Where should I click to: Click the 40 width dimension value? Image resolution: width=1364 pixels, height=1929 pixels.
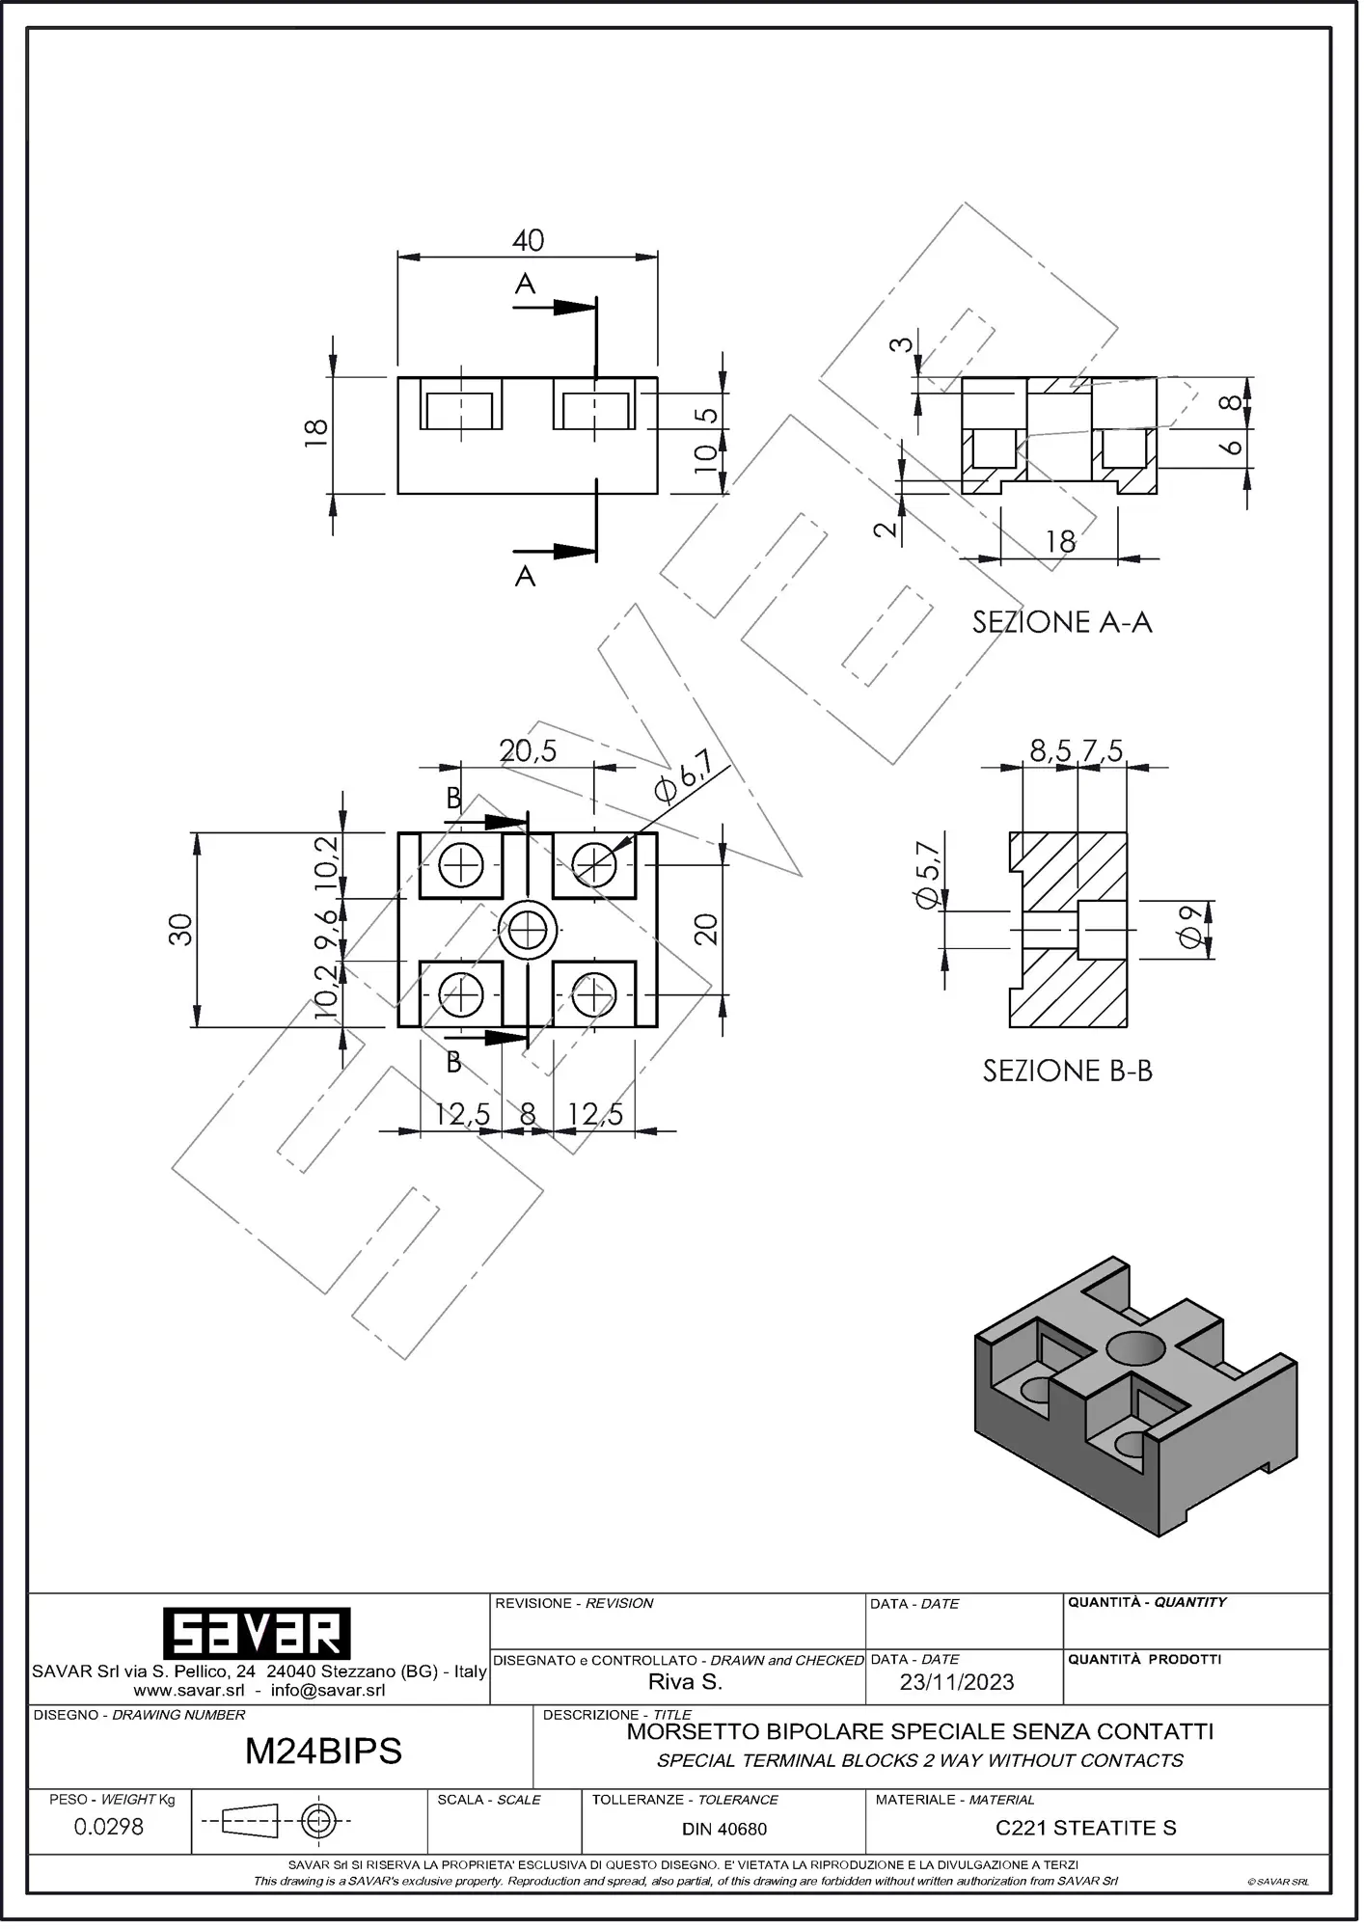pyautogui.click(x=528, y=240)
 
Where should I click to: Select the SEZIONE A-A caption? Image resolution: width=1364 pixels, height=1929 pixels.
pyautogui.click(x=1062, y=622)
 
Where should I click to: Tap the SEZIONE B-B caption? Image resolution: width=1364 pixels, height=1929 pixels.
pyautogui.click(x=1068, y=1071)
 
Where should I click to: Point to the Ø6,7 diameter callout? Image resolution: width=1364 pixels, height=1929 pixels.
pyautogui.click(x=683, y=776)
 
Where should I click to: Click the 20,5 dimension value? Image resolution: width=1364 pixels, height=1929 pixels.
pyautogui.click(x=528, y=750)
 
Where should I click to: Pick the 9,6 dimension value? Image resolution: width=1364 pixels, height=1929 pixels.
pyautogui.click(x=326, y=930)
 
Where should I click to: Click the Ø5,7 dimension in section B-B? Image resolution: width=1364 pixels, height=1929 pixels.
pyautogui.click(x=927, y=874)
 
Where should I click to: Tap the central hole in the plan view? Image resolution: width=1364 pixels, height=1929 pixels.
pyautogui.click(x=528, y=931)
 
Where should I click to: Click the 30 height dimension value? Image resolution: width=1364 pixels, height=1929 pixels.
pyautogui.click(x=180, y=930)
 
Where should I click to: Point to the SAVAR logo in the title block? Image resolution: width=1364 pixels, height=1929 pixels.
pyautogui.click(x=256, y=1634)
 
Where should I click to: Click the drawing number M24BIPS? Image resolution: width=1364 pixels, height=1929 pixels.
pyautogui.click(x=323, y=1751)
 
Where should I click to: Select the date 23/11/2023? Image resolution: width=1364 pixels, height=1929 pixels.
pyautogui.click(x=957, y=1682)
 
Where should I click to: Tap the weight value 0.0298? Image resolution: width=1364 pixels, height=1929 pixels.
pyautogui.click(x=109, y=1826)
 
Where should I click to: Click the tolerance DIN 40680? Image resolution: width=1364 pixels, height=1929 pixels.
pyautogui.click(x=724, y=1829)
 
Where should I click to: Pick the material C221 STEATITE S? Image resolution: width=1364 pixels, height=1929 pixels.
pyautogui.click(x=1086, y=1828)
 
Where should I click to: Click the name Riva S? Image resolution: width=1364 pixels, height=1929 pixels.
pyautogui.click(x=685, y=1682)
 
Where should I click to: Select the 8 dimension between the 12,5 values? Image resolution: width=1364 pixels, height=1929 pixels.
pyautogui.click(x=528, y=1115)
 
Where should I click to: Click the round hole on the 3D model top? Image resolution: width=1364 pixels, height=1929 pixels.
pyautogui.click(x=1137, y=1347)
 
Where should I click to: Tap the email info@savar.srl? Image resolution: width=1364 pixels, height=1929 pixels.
pyautogui.click(x=328, y=1690)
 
